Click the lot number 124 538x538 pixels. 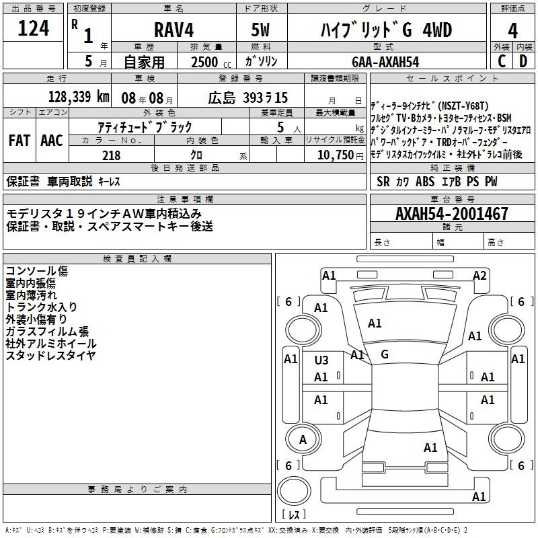pos(33,29)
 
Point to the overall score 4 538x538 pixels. pos(512,30)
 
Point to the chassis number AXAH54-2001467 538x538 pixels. pos(452,214)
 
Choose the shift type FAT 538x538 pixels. pos(19,141)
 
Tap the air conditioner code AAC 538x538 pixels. pos(51,141)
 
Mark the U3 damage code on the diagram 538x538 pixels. pos(321,360)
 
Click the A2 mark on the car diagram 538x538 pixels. pos(479,275)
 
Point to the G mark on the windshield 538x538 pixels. pos(385,354)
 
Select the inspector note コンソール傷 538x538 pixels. pos(36,271)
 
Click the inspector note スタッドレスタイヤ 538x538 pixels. pos(50,355)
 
